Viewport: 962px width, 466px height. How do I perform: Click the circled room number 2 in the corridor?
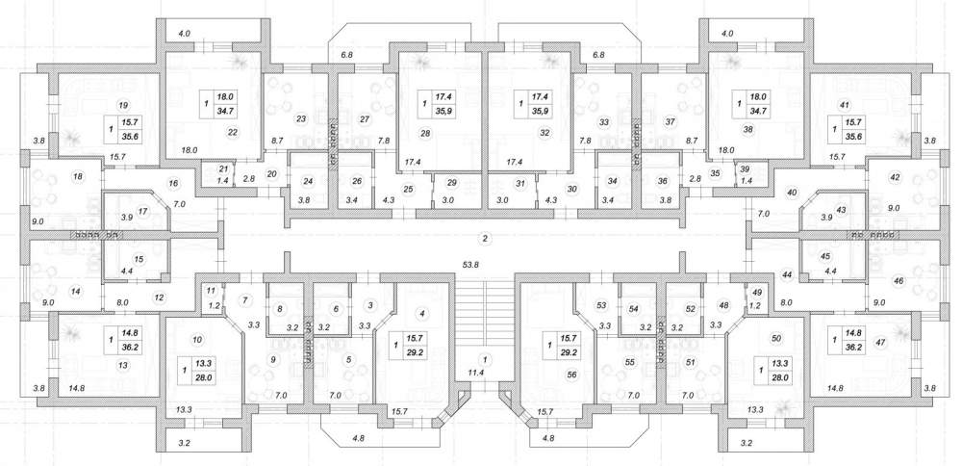[x=485, y=238]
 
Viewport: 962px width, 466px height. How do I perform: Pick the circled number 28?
[x=424, y=133]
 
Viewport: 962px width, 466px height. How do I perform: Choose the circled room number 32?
[x=543, y=132]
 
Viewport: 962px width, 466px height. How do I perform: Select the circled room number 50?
[x=776, y=338]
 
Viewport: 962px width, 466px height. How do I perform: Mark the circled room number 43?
[x=841, y=210]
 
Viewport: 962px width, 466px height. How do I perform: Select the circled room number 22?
[x=232, y=131]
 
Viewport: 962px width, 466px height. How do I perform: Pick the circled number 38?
[x=747, y=130]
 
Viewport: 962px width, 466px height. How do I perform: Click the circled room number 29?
[x=452, y=184]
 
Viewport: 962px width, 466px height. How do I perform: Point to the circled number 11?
[x=211, y=291]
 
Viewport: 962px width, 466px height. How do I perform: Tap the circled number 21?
[x=222, y=168]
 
